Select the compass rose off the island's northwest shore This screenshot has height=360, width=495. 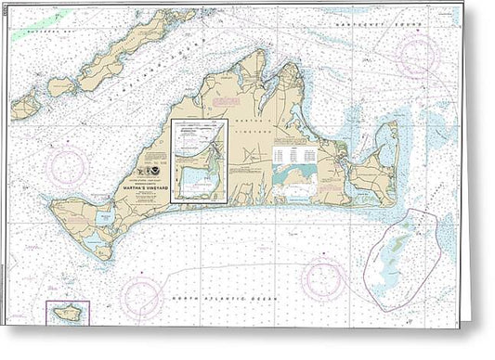68,164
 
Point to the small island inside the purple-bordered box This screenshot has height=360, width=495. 67,314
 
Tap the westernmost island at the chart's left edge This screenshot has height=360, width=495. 24,107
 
